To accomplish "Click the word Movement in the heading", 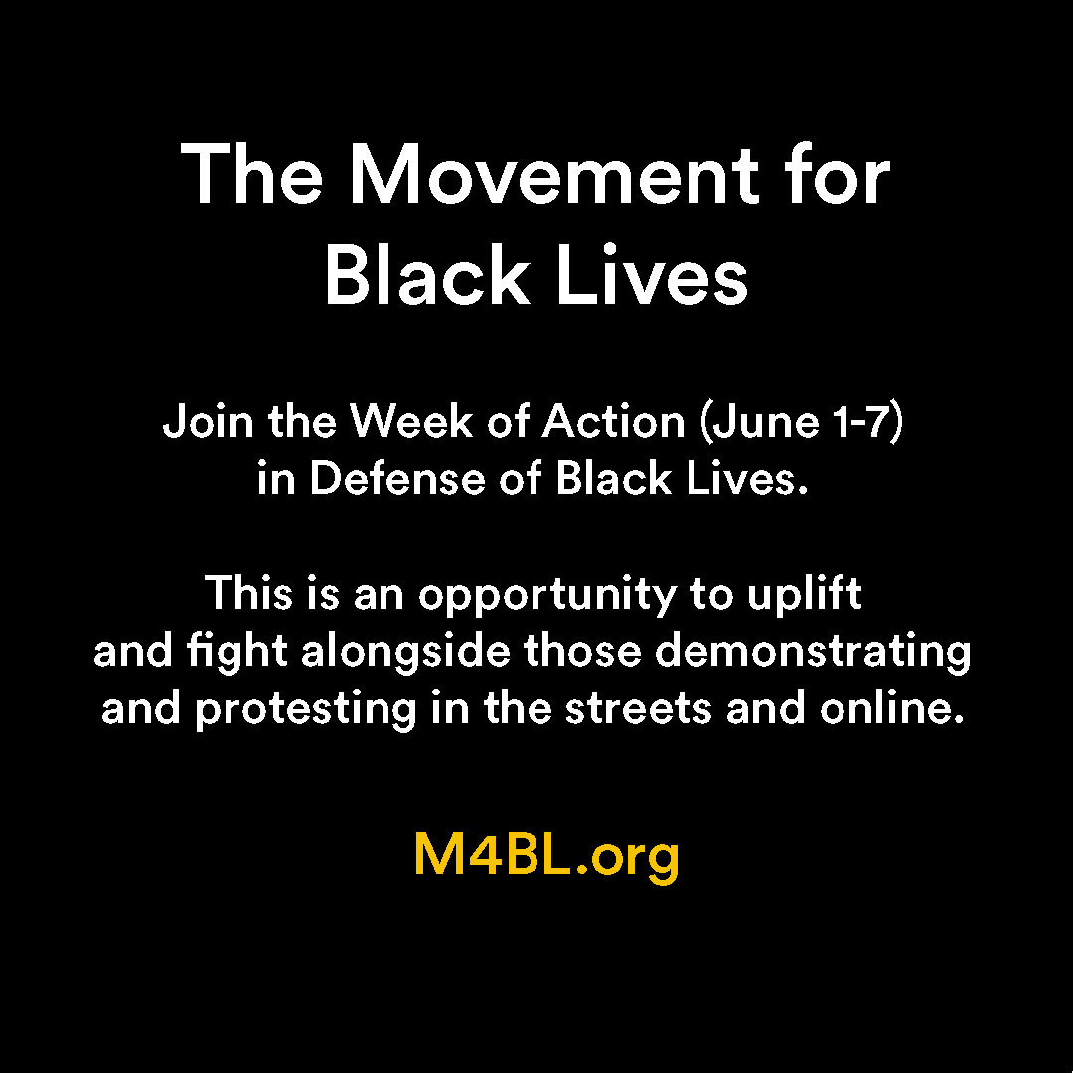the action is click(554, 174).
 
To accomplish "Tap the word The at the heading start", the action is click(251, 174).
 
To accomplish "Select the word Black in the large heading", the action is click(427, 274).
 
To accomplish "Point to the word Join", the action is click(208, 422).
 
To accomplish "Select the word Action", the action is click(614, 422).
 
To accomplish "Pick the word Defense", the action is click(396, 478).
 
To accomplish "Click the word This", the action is click(248, 593).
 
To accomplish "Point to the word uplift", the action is click(804, 595).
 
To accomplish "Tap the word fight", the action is click(236, 652).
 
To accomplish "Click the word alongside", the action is click(405, 652).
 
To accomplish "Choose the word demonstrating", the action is click(813, 652).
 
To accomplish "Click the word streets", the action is click(639, 709).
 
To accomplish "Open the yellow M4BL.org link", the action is click(546, 856).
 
